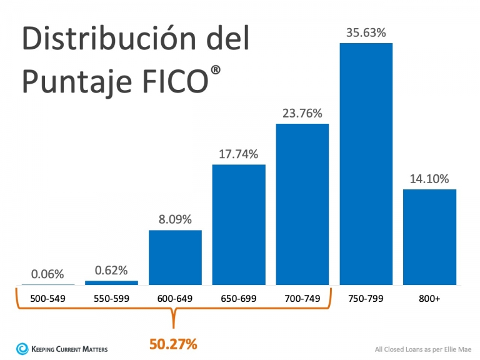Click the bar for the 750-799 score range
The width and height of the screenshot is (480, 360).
366,164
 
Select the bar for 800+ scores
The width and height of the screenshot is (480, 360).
429,237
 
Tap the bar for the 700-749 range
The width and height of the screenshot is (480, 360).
302,204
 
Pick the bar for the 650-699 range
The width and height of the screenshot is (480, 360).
239,224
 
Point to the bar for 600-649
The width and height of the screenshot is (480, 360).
175,257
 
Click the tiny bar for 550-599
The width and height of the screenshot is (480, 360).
111,282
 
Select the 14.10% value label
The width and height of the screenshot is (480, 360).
429,179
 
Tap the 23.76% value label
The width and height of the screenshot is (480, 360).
302,113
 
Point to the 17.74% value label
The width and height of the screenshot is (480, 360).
239,154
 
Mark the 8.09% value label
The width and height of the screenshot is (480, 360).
175,219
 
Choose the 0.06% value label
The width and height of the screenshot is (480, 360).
47,274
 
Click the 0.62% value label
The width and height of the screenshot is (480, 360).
111,270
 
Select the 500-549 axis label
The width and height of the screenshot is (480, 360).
47,299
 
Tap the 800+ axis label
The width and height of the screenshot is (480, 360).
429,299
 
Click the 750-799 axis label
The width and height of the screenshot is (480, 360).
366,299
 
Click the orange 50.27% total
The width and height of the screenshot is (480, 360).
173,343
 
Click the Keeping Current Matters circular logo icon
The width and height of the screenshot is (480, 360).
22,347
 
